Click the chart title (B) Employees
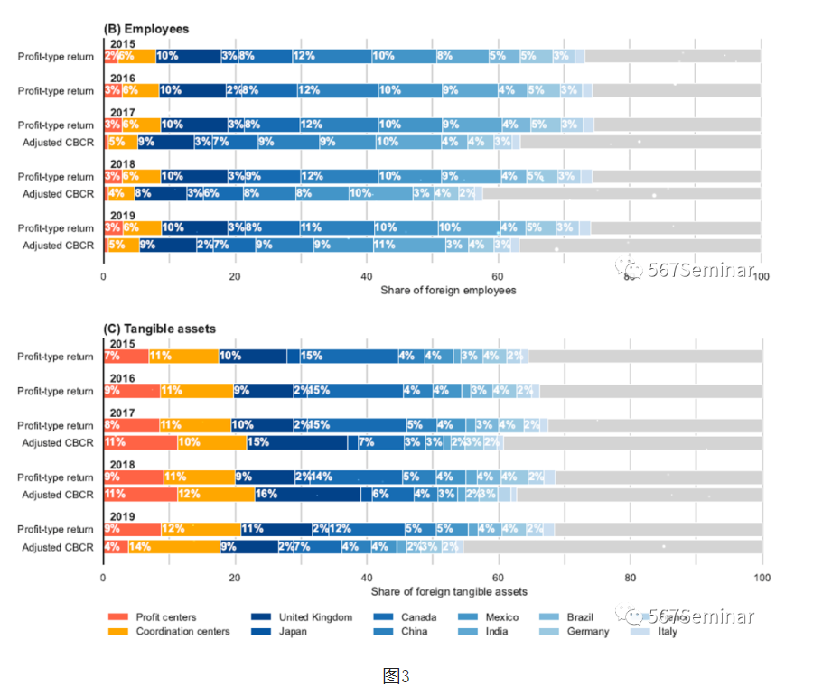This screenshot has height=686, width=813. click(x=146, y=29)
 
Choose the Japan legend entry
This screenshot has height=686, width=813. click(x=294, y=631)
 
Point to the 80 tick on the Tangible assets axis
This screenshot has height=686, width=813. click(x=630, y=577)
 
